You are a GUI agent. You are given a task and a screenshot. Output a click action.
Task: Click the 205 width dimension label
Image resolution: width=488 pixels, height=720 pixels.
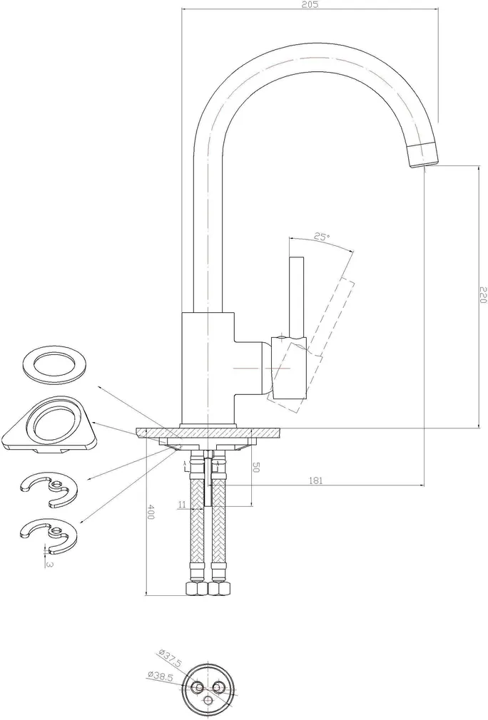pos(311,4)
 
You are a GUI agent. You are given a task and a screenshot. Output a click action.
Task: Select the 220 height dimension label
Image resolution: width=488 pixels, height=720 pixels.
pos(483,295)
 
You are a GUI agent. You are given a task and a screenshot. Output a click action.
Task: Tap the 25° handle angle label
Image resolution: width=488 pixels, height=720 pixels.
pos(322,237)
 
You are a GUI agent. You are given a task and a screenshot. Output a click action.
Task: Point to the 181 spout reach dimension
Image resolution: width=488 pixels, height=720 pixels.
pos(315,480)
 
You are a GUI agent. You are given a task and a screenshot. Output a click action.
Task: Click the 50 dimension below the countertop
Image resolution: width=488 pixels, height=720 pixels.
pos(256,468)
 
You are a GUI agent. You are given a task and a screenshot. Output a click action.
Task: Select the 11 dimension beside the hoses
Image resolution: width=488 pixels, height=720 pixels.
pos(183,504)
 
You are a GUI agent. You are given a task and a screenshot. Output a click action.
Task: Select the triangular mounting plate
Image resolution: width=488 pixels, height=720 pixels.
pos(50,424)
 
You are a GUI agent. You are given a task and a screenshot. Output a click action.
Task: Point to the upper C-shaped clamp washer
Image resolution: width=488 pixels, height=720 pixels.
pos(49,490)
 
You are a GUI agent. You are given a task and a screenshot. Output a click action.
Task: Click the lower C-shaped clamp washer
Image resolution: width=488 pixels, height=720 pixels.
pos(49,535)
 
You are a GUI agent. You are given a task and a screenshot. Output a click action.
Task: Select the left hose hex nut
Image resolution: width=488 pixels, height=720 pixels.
pos(196,588)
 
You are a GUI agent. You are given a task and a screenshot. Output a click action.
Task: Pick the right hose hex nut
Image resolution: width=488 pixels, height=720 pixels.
pos(219,588)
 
